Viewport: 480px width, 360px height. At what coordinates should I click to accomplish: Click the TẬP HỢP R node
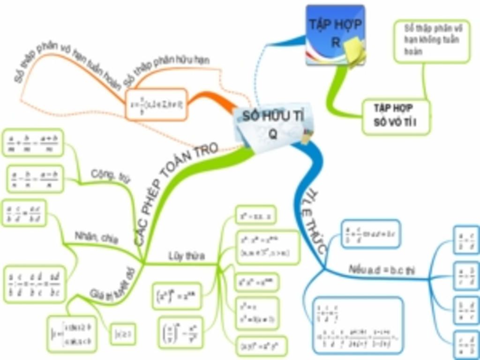pos(335,33)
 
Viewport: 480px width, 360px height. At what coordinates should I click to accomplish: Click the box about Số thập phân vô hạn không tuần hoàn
pos(431,41)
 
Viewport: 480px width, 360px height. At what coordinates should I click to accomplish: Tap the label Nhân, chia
pos(97,237)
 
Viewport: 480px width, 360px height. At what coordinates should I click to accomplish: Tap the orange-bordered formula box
pos(156,104)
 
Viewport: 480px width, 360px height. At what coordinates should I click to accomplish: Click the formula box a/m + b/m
pos(33,142)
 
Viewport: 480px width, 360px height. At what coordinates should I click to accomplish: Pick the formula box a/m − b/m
pos(35,179)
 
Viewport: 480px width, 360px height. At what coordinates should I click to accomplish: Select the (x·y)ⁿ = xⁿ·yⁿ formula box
pos(261,347)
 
